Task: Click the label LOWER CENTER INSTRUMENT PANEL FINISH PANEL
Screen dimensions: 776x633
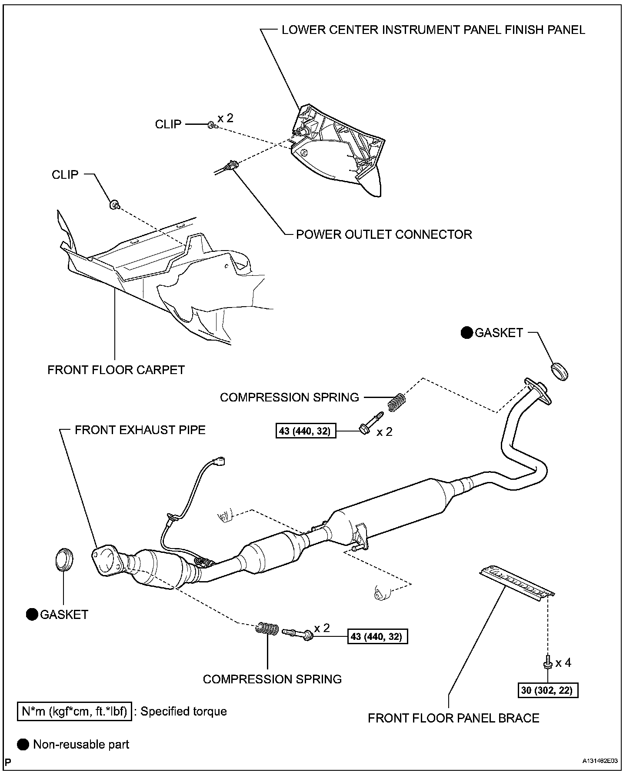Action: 433,30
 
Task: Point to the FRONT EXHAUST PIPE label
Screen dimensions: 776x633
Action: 140,430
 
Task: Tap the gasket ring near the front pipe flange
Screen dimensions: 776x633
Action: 64,560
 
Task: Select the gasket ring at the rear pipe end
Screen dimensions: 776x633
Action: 560,371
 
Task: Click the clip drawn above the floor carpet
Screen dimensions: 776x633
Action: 115,204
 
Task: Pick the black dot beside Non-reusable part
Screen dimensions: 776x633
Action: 23,744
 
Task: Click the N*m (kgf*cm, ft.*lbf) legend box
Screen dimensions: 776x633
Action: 74,711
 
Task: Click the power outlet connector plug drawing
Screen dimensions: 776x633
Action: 230,166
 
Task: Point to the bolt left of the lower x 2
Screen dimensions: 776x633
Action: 297,633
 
